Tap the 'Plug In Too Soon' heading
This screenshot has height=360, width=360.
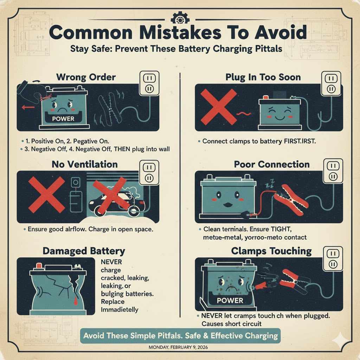263,77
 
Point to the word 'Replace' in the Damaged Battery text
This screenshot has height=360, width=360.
113,302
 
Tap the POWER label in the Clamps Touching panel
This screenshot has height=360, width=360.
230,301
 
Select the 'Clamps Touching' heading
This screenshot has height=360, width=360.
271,251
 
